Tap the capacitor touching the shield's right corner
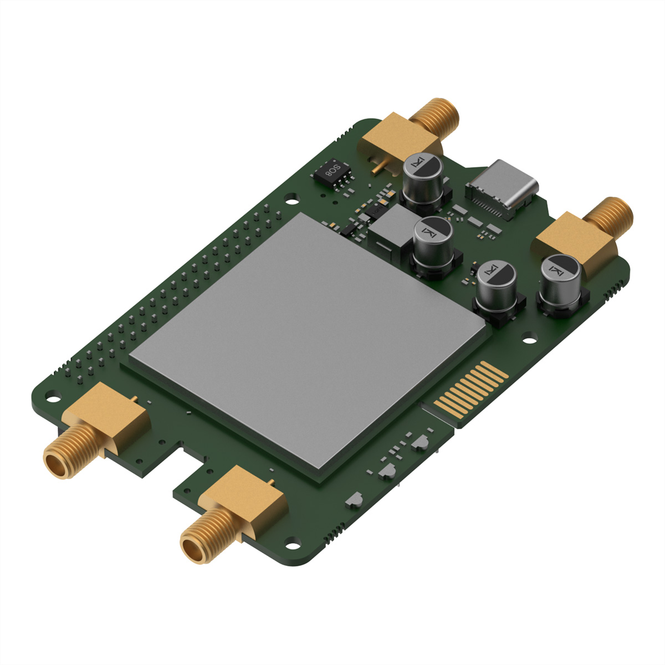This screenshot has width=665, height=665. pos(497,291)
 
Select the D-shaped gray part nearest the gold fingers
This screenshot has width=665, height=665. pos(420,442)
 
